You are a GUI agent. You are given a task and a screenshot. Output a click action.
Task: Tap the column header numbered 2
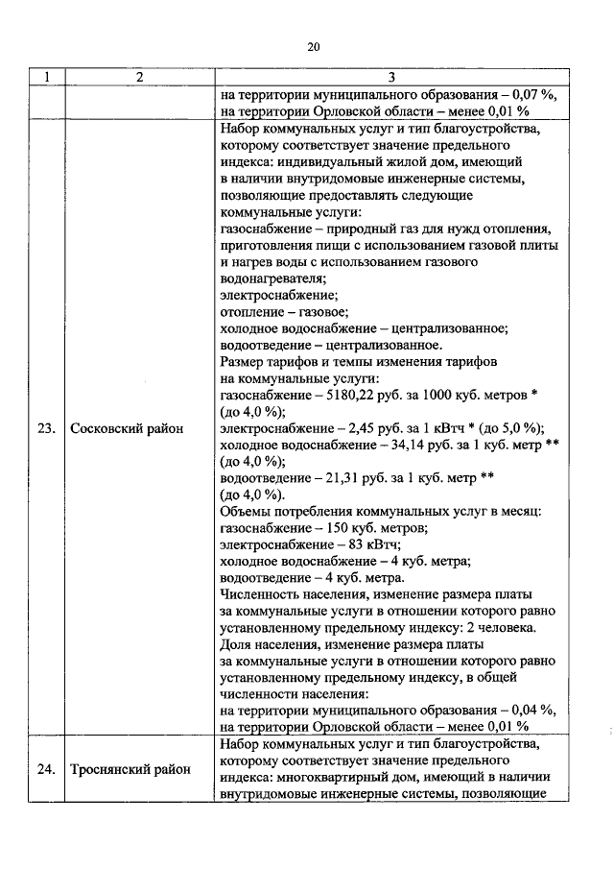[139, 78]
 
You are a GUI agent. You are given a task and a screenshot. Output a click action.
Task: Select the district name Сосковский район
[128, 428]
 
